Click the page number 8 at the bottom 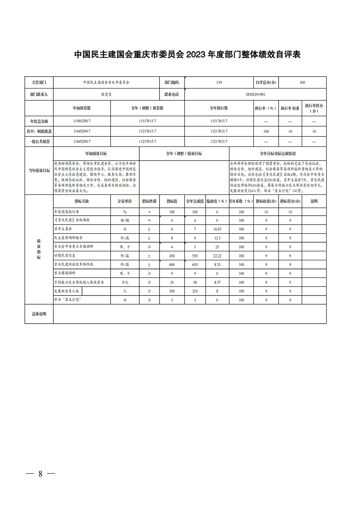point(40,474)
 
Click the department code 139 point(219,82)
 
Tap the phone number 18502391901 point(255,94)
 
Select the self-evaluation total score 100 point(302,82)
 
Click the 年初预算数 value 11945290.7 point(82,121)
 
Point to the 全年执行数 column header point(219,108)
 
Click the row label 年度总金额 point(39,121)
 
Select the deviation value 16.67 point(217,229)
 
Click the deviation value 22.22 point(217,256)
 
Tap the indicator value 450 point(172,256)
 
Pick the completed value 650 point(195,265)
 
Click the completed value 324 point(195,291)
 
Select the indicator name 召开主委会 point(63,229)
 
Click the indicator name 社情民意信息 point(65,256)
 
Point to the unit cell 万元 point(125,283)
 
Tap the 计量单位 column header point(125,201)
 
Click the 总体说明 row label point(39,314)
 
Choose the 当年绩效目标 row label point(39,171)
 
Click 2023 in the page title point(196,54)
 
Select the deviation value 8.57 point(217,283)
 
